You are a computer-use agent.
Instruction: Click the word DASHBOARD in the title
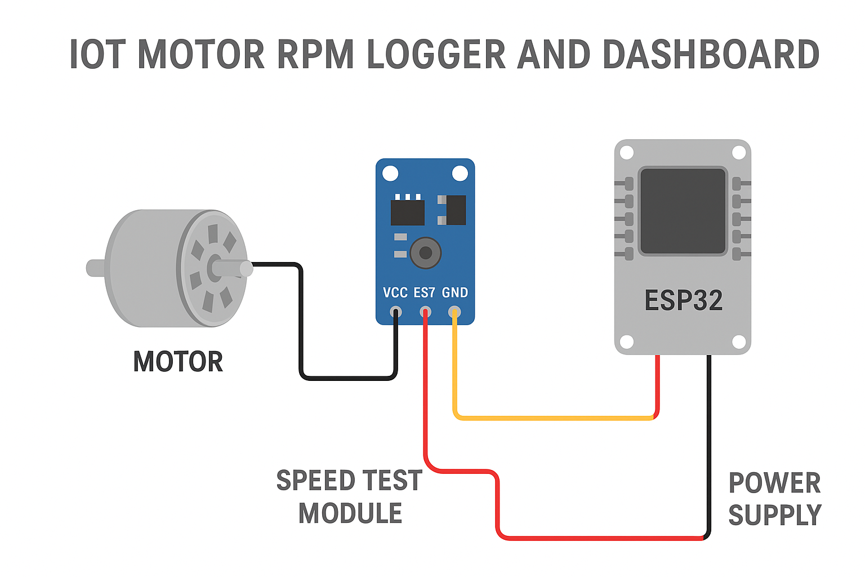pyautogui.click(x=711, y=55)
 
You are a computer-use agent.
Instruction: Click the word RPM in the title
pyautogui.click(x=315, y=55)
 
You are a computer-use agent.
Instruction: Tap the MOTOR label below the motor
pyautogui.click(x=178, y=362)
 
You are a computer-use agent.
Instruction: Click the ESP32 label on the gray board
pyautogui.click(x=683, y=300)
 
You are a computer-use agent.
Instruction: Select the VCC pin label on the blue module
pyautogui.click(x=395, y=293)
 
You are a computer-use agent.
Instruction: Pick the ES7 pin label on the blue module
pyautogui.click(x=425, y=293)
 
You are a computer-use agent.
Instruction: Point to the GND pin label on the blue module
pyautogui.click(x=454, y=293)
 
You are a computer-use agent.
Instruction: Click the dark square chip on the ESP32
pyautogui.click(x=683, y=211)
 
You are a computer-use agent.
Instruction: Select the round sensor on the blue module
pyautogui.click(x=425, y=253)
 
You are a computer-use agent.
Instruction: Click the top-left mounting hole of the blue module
pyautogui.click(x=390, y=174)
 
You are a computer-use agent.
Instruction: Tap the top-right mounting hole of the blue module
pyautogui.click(x=460, y=174)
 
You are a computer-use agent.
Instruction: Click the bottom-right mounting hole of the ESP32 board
pyautogui.click(x=739, y=342)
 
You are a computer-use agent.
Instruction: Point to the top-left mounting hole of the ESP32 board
pyautogui.click(x=627, y=153)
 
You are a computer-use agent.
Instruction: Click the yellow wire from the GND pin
pyautogui.click(x=552, y=418)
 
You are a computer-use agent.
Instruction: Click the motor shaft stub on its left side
pyautogui.click(x=95, y=268)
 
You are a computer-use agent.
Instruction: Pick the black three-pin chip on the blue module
pyautogui.click(x=407, y=211)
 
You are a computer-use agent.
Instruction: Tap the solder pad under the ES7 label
pyautogui.click(x=425, y=312)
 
